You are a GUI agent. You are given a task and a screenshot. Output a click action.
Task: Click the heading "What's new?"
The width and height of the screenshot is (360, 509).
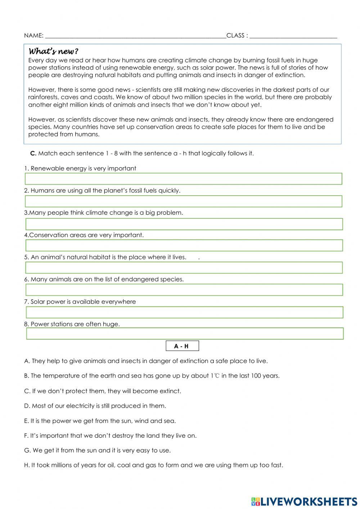pos(53,51)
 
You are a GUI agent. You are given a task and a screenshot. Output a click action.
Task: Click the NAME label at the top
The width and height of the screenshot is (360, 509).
pos(33,35)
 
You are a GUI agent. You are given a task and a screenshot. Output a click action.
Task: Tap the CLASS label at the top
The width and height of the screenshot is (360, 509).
pos(236,35)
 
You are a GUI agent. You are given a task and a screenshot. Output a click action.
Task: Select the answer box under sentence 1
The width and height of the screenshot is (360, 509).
pos(183,179)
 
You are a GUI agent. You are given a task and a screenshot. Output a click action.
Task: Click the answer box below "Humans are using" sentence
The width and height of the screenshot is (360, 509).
pos(183,201)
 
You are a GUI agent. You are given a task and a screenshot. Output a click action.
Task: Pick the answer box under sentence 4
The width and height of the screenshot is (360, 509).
pos(184,245)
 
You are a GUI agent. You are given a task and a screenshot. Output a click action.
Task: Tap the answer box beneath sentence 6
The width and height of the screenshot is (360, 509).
pos(184,290)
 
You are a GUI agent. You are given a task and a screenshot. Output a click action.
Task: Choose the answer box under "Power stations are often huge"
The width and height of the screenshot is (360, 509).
pos(185,334)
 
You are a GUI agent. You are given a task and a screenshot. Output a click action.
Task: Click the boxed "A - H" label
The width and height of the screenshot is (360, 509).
pos(182,346)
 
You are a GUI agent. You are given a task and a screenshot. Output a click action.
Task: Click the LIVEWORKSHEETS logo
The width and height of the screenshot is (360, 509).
pos(304,501)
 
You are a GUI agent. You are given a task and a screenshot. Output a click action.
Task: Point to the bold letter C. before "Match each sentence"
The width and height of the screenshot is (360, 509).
pos(33,153)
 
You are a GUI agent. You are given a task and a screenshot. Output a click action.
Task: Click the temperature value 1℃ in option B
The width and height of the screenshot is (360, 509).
pos(215,376)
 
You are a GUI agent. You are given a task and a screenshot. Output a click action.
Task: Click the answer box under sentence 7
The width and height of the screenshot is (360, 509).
pos(184,312)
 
